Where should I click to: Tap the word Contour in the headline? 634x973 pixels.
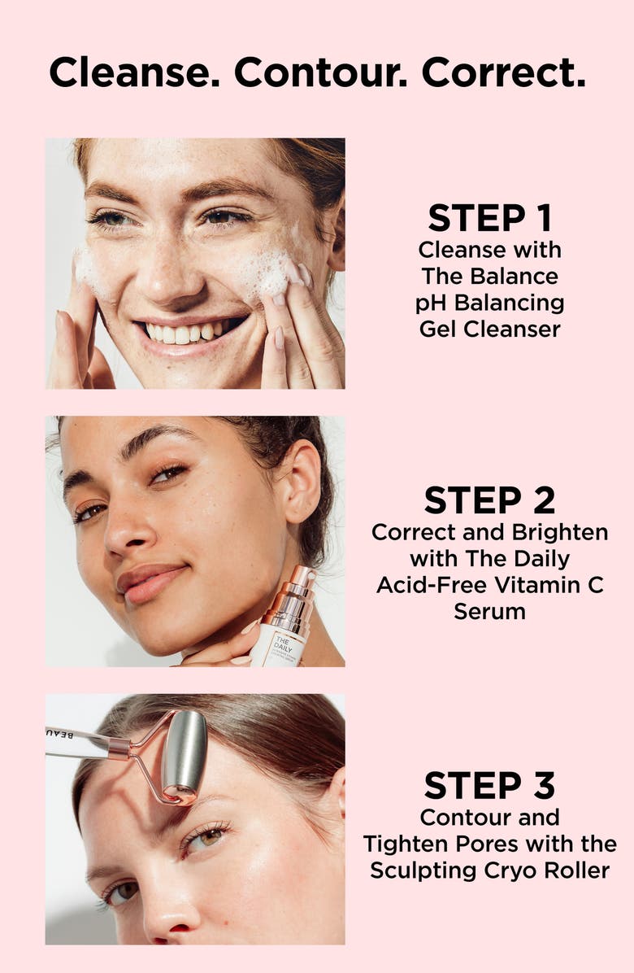pyautogui.click(x=320, y=73)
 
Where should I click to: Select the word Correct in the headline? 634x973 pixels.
pyautogui.click(x=503, y=73)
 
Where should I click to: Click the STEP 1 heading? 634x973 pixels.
pyautogui.click(x=490, y=218)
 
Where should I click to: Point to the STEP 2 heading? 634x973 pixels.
pyautogui.click(x=490, y=500)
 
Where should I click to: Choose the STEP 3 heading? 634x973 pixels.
pyautogui.click(x=490, y=785)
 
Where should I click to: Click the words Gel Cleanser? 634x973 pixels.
pyautogui.click(x=490, y=329)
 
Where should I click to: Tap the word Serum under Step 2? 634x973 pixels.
pyautogui.click(x=490, y=611)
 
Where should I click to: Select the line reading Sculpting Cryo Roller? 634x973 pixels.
pyautogui.click(x=490, y=870)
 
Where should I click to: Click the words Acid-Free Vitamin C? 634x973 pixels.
pyautogui.click(x=490, y=585)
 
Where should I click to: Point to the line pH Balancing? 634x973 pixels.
pyautogui.click(x=490, y=303)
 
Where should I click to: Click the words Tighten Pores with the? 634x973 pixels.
pyautogui.click(x=490, y=844)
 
